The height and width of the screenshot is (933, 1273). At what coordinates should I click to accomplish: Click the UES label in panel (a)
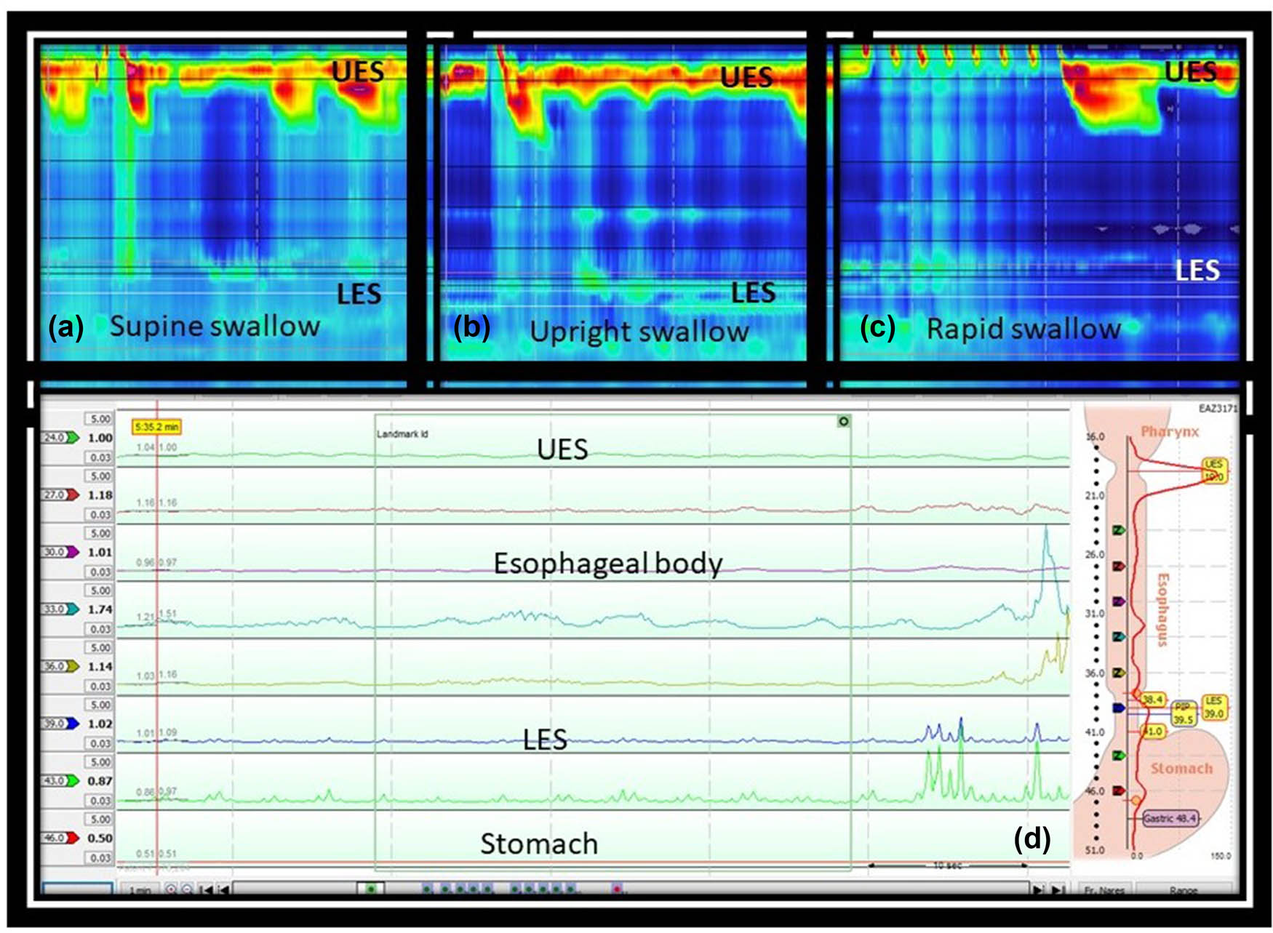(358, 71)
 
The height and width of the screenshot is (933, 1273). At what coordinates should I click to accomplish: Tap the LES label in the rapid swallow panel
(1197, 271)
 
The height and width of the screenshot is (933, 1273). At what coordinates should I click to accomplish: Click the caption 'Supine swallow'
(215, 326)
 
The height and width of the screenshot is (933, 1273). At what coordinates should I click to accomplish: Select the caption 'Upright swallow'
(639, 332)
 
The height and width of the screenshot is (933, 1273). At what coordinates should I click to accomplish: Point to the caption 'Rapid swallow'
(1023, 329)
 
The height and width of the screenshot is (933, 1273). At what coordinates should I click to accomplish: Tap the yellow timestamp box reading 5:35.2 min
(156, 427)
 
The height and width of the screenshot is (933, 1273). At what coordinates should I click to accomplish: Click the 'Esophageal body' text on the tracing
(607, 563)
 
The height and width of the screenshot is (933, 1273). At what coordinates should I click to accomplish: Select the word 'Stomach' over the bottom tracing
(538, 844)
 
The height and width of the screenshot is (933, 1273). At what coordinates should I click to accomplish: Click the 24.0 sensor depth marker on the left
(60, 438)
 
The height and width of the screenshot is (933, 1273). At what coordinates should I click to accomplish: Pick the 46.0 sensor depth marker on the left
(60, 838)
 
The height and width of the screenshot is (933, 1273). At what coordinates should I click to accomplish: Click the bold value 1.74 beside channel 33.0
(100, 609)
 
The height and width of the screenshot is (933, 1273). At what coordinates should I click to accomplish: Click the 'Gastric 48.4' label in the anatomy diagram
(1169, 818)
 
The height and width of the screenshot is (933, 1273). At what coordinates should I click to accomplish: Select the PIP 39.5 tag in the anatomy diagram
(1183, 713)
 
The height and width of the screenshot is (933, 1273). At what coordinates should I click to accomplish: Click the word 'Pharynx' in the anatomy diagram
(1169, 431)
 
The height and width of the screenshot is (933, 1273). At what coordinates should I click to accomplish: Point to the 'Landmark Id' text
(402, 434)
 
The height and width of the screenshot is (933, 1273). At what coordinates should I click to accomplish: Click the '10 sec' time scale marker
(947, 865)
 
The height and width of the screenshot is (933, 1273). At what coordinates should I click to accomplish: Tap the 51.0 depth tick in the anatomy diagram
(1094, 850)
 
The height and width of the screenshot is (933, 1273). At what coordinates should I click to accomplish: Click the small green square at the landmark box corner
(843, 421)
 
